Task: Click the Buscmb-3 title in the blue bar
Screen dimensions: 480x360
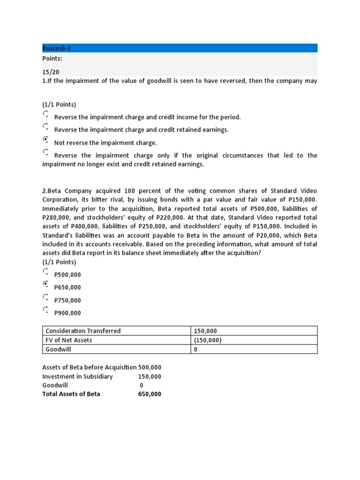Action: click(x=56, y=48)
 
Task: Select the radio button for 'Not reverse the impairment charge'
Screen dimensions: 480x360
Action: click(x=45, y=139)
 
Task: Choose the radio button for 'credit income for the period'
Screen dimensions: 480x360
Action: click(x=45, y=113)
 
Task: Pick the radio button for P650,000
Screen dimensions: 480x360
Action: click(x=45, y=284)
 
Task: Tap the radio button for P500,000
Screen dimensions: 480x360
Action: click(x=45, y=271)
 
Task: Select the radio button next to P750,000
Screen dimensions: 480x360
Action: click(x=45, y=297)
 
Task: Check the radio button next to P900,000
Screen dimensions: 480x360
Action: click(x=45, y=309)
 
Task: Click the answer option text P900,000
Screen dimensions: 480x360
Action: click(x=67, y=313)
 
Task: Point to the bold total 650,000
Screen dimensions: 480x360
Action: click(x=150, y=394)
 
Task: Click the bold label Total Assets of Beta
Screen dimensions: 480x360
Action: click(x=71, y=394)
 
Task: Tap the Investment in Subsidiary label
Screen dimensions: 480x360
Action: click(x=77, y=376)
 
